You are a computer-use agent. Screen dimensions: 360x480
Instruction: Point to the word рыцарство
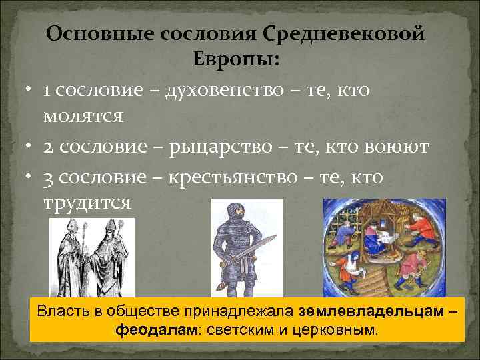tap(231, 146)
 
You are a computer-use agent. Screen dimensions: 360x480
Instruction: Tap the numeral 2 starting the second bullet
tap(49, 147)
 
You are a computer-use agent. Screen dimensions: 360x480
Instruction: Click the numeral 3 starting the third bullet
tap(49, 177)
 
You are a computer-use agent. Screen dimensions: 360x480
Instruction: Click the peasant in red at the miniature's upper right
tap(419, 229)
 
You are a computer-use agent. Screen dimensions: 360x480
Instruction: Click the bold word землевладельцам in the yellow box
tap(372, 311)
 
